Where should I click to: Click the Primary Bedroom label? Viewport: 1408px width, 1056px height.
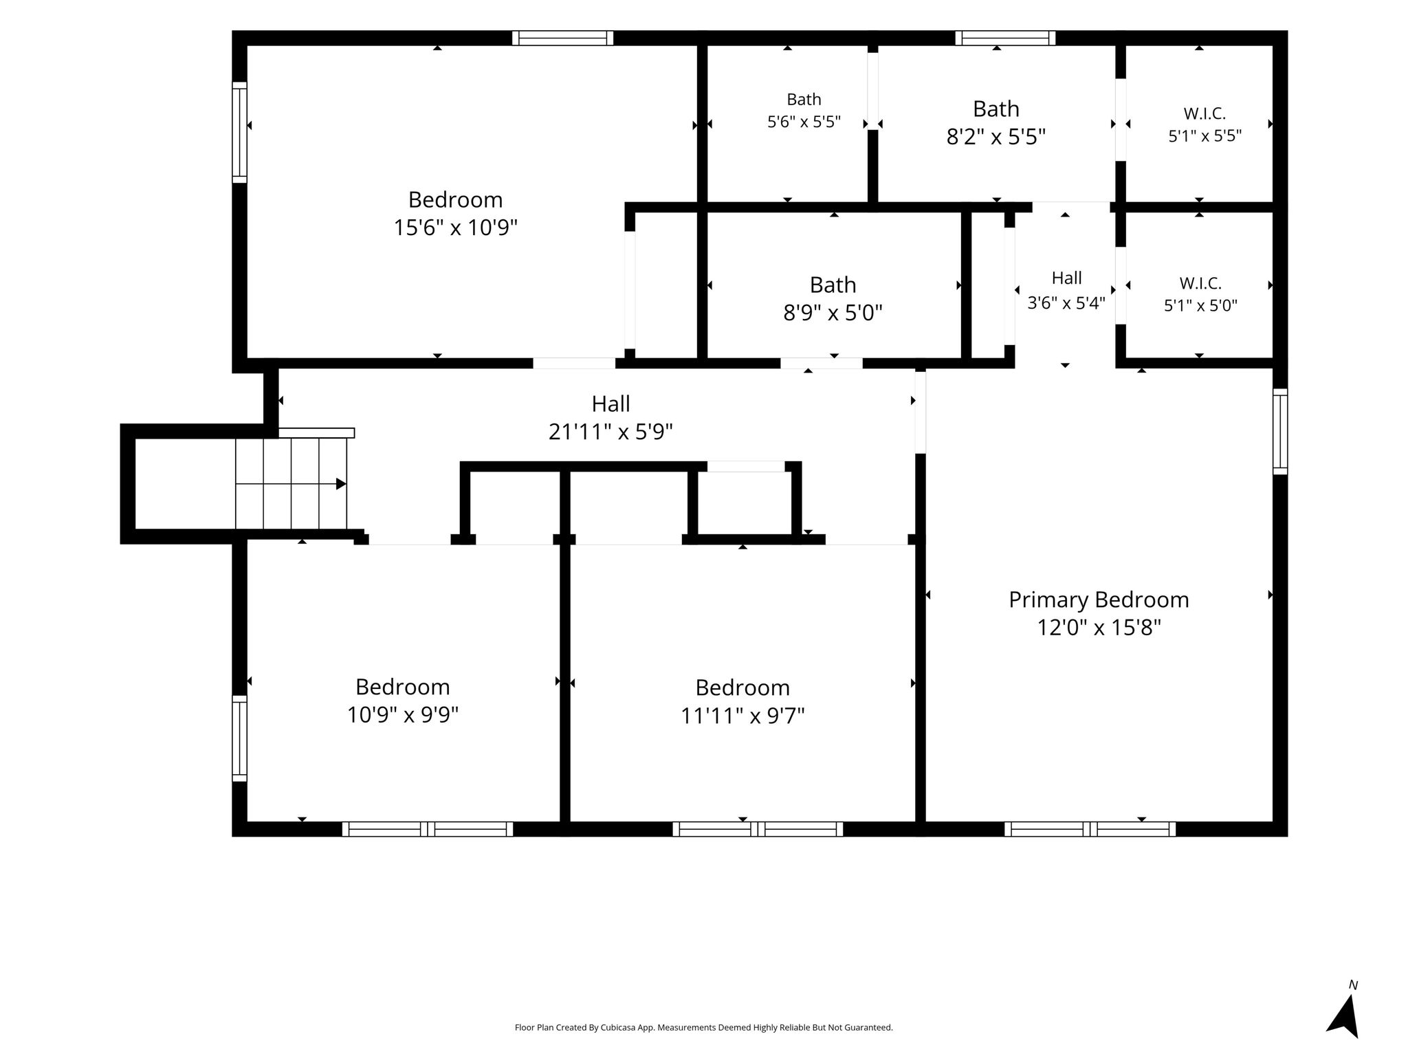1099,599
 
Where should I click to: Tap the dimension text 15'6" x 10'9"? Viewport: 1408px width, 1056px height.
455,228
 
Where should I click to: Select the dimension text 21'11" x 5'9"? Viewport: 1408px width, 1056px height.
610,432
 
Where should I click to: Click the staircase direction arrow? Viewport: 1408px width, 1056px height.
340,484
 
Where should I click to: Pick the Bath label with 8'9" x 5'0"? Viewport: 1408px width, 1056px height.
833,285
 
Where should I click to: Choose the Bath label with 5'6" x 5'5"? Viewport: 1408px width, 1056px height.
804,100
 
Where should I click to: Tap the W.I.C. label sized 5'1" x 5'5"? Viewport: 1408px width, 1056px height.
1204,114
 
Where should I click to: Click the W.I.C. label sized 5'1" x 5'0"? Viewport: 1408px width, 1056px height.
1200,283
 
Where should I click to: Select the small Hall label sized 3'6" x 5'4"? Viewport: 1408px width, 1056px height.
1066,278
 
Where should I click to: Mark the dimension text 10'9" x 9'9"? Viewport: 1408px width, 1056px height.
403,715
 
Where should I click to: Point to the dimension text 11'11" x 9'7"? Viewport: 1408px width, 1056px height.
742,716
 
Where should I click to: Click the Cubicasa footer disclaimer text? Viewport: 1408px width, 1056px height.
704,1028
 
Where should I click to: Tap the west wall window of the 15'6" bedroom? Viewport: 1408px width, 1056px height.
239,133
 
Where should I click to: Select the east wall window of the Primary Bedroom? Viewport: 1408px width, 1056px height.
1280,431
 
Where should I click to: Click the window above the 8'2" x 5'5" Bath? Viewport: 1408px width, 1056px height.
1005,38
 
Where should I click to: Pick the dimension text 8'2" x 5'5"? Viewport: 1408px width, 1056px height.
996,137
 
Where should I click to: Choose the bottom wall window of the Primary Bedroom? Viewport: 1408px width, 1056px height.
1090,829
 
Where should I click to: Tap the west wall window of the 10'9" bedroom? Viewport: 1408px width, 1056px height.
239,738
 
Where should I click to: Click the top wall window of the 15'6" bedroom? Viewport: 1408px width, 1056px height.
562,38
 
